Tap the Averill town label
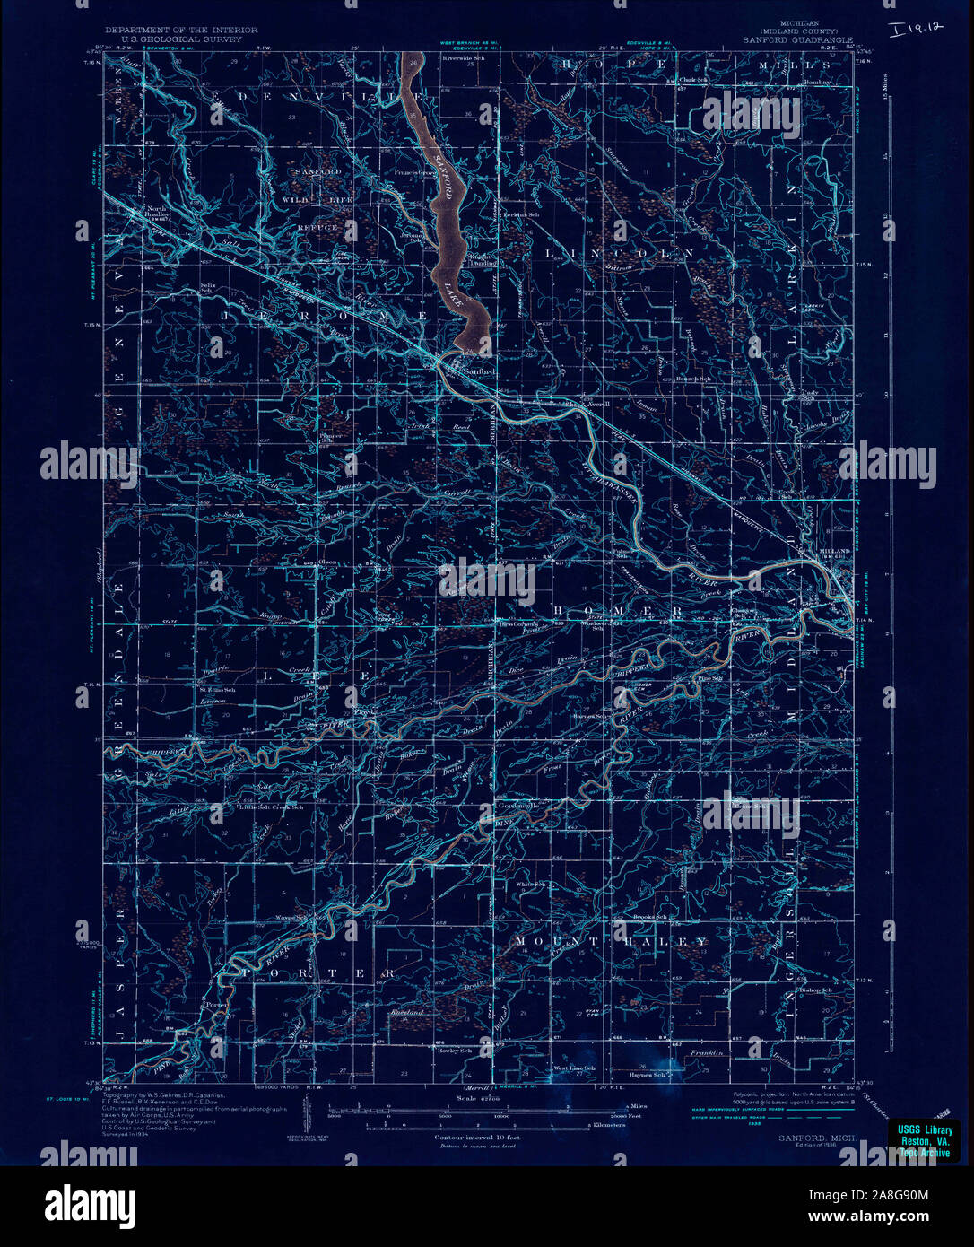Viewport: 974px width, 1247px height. (x=597, y=404)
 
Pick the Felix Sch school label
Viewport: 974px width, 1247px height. (x=206, y=289)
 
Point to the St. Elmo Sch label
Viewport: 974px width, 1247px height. (x=211, y=690)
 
